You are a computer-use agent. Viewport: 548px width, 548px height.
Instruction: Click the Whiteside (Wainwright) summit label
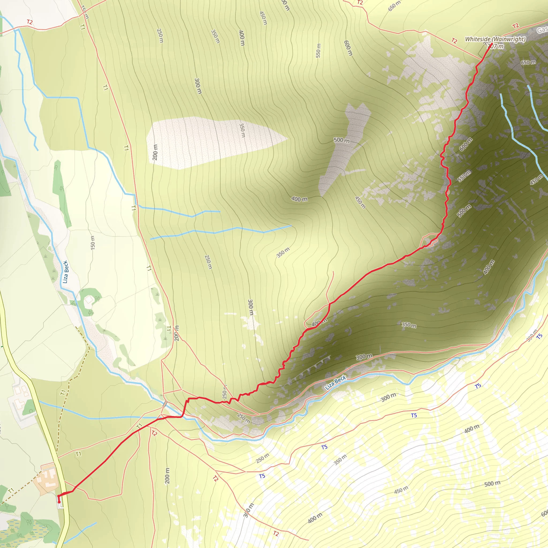click(x=495, y=39)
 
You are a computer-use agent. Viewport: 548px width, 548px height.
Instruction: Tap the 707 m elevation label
click(x=496, y=46)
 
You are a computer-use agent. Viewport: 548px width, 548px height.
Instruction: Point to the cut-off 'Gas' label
click(x=542, y=30)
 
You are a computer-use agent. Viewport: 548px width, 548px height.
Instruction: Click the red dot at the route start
click(x=59, y=502)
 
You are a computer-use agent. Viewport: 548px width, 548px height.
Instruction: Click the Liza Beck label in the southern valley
click(x=336, y=382)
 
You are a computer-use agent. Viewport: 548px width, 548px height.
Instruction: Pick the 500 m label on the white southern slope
click(x=492, y=484)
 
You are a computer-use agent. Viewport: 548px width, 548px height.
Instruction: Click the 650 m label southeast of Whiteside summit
click(x=528, y=62)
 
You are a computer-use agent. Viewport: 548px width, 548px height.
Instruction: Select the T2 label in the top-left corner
click(x=30, y=22)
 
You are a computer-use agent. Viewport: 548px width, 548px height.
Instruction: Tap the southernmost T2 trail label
click(x=276, y=534)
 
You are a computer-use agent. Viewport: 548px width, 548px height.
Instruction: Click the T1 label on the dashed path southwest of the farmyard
click(x=11, y=490)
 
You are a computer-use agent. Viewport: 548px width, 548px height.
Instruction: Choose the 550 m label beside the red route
click(x=464, y=176)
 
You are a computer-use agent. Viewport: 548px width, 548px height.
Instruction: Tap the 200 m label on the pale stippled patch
click(x=155, y=152)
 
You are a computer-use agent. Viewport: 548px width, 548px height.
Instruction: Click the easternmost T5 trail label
click(x=539, y=336)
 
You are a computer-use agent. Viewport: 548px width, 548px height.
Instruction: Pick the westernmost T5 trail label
click(x=262, y=476)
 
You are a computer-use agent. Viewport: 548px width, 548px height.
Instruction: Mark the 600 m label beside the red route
click(x=466, y=144)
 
